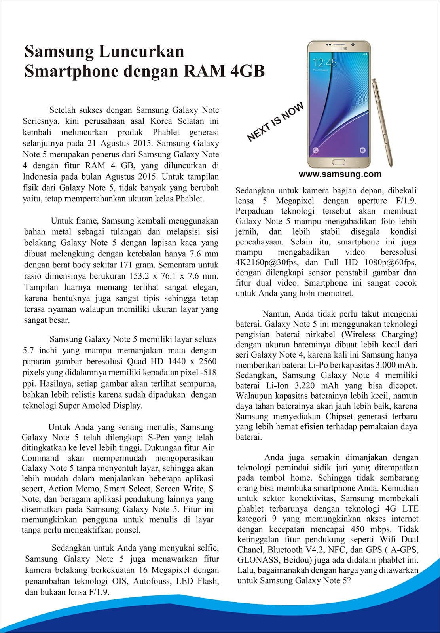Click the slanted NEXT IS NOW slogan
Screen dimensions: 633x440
tap(275, 122)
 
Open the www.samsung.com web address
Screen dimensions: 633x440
tap(340, 174)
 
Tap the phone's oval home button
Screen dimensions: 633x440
tap(339, 162)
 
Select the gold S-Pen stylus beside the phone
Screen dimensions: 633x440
tap(382, 123)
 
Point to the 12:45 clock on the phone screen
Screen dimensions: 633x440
tap(324, 63)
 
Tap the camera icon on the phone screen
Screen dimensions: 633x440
tap(362, 150)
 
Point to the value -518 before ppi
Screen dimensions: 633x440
tap(207, 373)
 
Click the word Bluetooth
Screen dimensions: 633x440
tap(285, 550)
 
